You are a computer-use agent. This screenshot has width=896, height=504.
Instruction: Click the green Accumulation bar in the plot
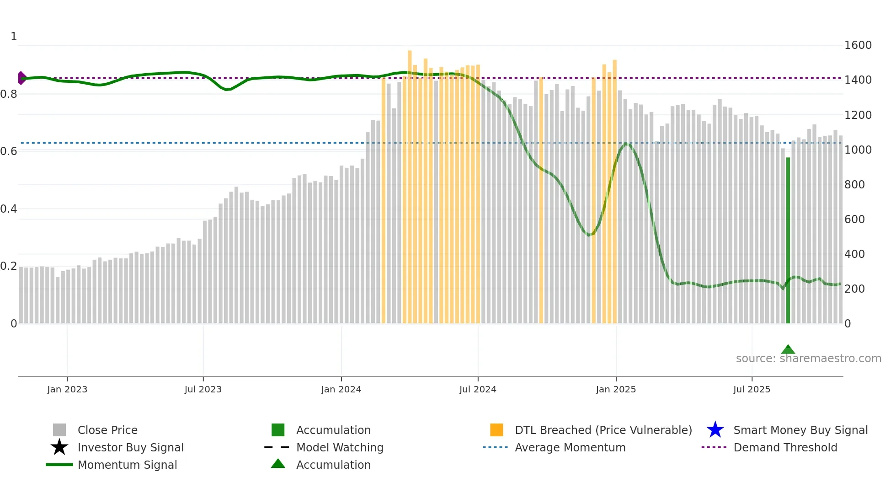[788, 240]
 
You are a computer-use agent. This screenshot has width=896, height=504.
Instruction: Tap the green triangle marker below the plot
[788, 350]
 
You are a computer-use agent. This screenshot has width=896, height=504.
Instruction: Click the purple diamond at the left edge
[21, 78]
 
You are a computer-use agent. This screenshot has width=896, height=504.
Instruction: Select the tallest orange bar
[410, 183]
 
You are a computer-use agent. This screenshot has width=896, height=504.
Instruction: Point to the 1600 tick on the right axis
[858, 45]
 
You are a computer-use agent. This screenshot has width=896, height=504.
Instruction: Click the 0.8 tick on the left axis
[9, 94]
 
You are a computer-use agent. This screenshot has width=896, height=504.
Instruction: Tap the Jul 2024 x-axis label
[478, 389]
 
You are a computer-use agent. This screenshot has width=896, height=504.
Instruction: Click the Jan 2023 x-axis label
[67, 389]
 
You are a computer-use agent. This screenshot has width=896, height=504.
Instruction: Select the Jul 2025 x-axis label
[752, 389]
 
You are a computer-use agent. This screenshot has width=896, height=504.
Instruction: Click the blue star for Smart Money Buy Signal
[715, 430]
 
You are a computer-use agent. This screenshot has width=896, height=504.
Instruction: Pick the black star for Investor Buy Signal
[59, 447]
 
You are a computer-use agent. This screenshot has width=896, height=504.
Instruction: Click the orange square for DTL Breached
[496, 430]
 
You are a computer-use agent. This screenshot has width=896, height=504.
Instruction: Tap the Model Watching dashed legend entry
[340, 447]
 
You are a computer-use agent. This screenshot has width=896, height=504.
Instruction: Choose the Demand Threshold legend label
[785, 447]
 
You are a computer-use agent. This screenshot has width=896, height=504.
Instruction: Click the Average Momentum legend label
[570, 447]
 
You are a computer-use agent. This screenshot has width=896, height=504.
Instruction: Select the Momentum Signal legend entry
[127, 465]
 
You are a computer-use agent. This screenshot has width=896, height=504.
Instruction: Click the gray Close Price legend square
[59, 430]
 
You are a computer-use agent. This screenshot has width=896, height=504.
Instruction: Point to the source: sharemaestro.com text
[808, 359]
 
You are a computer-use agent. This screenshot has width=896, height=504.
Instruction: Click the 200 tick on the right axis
[854, 289]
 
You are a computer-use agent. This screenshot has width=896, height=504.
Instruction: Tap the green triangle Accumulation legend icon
[278, 464]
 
